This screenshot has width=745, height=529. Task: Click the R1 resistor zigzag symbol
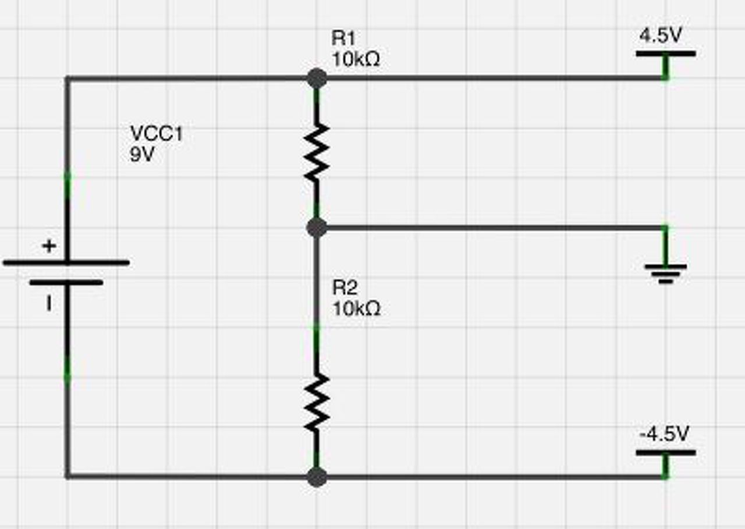[x=316, y=152]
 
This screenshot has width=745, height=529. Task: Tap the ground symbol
[x=665, y=272]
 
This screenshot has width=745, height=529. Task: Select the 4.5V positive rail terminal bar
[x=665, y=54]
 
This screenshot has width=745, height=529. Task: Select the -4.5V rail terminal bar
[x=665, y=452]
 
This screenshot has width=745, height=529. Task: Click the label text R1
[x=343, y=38]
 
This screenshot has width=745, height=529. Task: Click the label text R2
[x=345, y=287]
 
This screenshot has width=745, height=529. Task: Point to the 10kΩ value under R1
[x=356, y=59]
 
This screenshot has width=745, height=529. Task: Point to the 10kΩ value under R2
[x=356, y=308]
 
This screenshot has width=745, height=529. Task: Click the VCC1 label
[x=157, y=134]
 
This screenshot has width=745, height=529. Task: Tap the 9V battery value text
[x=142, y=155]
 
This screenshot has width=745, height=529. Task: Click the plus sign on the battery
[x=49, y=246]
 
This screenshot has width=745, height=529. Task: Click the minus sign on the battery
[x=49, y=303]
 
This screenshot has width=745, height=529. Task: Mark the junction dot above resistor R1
[x=317, y=77]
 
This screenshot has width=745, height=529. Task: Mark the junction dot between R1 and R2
[x=317, y=228]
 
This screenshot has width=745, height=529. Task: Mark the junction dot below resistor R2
[x=317, y=477]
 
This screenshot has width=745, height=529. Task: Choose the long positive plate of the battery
[x=66, y=263]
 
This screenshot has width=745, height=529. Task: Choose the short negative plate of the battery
[x=66, y=283]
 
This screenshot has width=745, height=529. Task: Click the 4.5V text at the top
[x=660, y=36]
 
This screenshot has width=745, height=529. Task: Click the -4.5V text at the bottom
[x=664, y=434]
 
